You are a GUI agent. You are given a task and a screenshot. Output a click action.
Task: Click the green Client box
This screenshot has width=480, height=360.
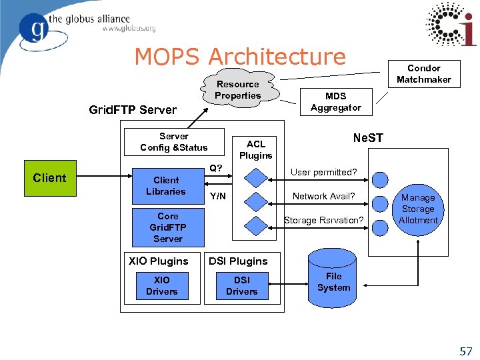50,179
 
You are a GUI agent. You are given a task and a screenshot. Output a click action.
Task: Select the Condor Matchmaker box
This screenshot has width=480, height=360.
424,74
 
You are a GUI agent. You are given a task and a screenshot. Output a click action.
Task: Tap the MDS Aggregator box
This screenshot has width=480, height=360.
335,102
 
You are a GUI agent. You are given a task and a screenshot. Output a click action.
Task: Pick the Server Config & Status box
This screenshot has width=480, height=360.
173,141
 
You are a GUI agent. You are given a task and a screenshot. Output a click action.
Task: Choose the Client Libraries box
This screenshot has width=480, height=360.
166,186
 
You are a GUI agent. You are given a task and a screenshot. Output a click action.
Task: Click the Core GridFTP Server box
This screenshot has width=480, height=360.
168,227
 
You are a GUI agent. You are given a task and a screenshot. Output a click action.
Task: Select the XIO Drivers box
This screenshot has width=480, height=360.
161,286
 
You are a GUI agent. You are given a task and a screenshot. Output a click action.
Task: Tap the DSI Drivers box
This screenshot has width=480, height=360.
241,286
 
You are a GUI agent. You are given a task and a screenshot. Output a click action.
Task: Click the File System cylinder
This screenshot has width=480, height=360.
333,277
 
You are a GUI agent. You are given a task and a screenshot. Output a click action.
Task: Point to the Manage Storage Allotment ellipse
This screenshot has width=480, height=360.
418,209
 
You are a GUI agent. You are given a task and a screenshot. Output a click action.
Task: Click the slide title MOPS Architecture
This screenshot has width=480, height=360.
240,57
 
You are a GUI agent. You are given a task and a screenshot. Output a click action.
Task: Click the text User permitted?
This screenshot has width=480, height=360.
323,173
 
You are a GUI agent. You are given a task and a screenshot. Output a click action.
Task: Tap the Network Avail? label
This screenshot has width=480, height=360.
324,196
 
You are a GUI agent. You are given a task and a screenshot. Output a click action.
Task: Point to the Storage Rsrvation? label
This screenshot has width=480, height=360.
323,220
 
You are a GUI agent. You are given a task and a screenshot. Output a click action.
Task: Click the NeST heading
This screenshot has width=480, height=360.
367,138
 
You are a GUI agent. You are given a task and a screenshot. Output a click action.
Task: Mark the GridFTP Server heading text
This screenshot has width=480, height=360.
133,110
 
